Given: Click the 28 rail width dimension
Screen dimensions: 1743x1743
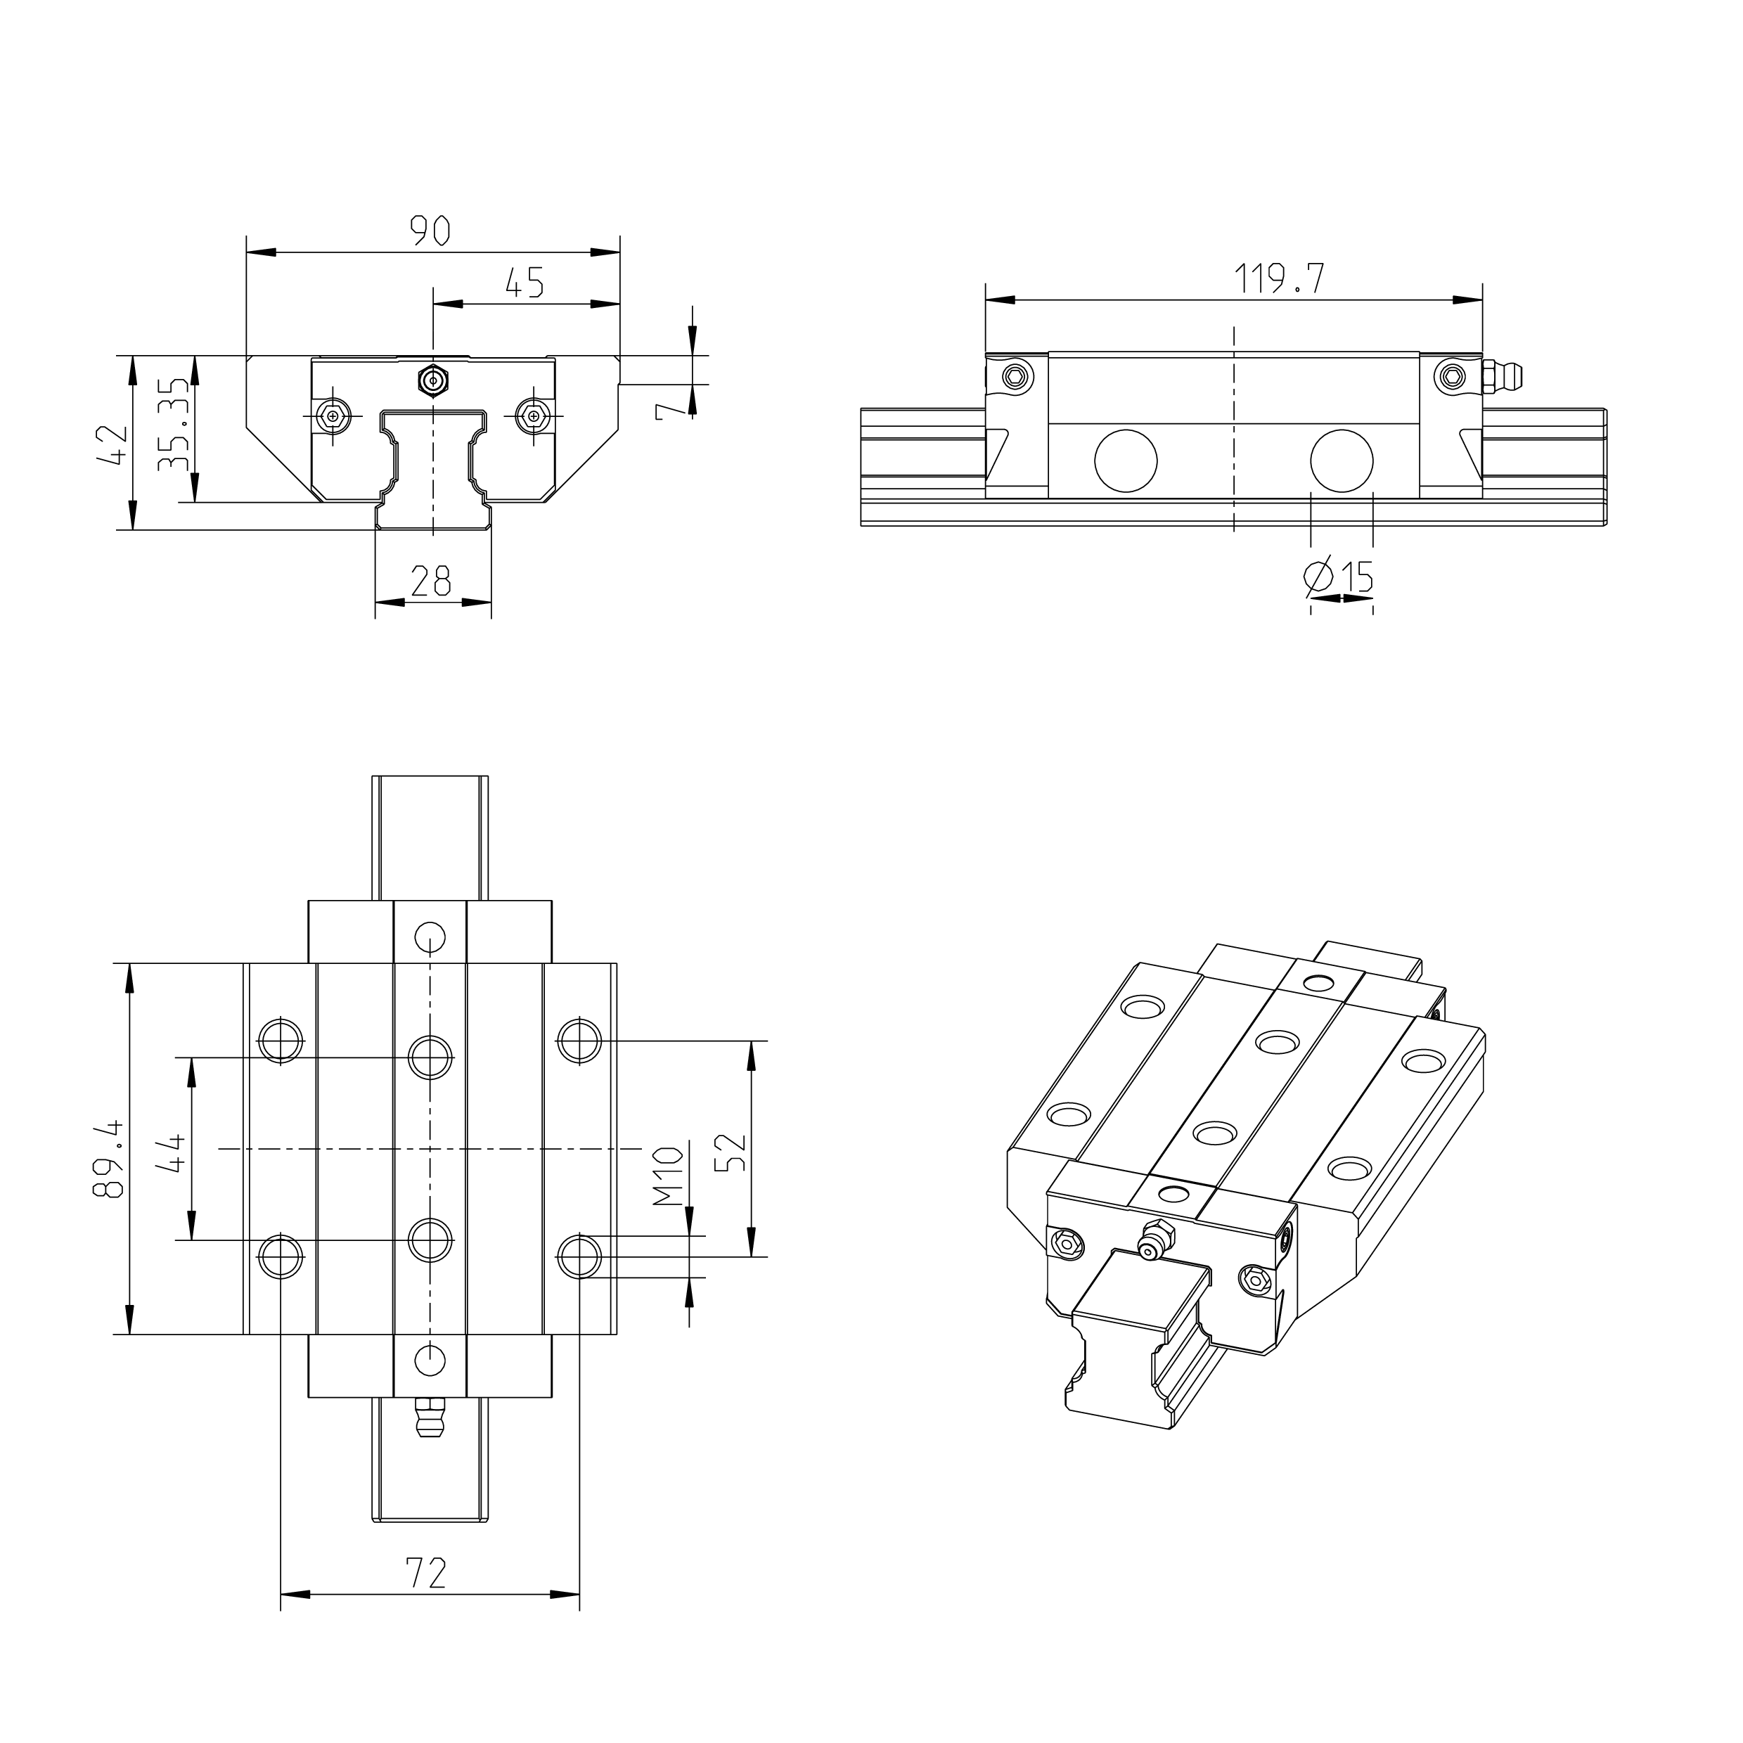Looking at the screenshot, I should pyautogui.click(x=430, y=581).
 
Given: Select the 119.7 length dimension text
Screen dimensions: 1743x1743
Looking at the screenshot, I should pyautogui.click(x=1278, y=278).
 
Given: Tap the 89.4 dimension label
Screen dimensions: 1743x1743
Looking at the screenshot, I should pyautogui.click(x=108, y=1159).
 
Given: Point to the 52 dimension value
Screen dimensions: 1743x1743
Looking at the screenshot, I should pyautogui.click(x=731, y=1152).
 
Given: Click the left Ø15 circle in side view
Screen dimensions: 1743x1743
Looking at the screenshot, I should pyautogui.click(x=1125, y=460).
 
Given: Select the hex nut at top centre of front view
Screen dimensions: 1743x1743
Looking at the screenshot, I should pyautogui.click(x=433, y=380).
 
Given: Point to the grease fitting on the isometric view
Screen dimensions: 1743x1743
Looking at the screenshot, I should pyautogui.click(x=1151, y=1240).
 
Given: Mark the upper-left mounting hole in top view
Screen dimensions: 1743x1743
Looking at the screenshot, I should pyautogui.click(x=281, y=1041).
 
